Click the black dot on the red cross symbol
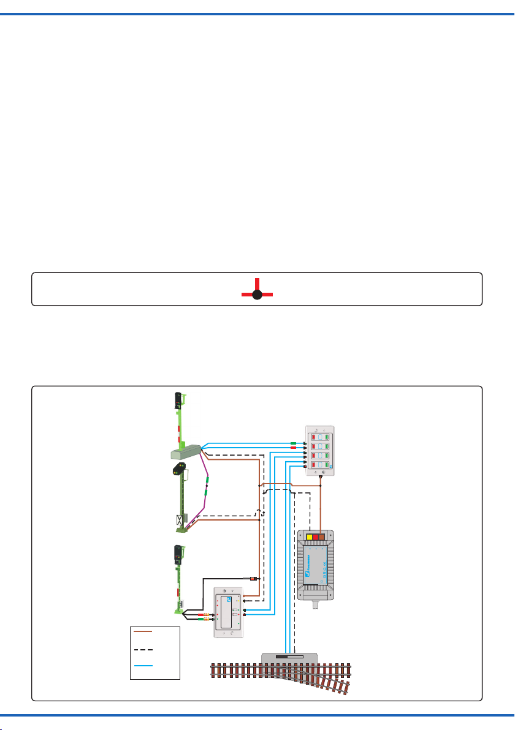pos(257,295)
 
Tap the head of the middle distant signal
pos(180,470)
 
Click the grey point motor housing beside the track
pos(289,658)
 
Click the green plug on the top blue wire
pos(294,443)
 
